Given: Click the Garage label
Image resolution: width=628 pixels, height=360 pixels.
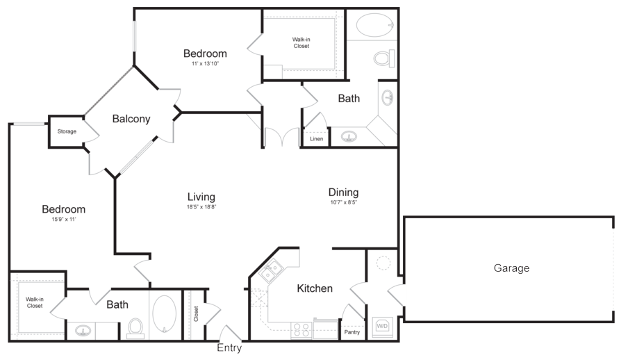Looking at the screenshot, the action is pyautogui.click(x=511, y=268).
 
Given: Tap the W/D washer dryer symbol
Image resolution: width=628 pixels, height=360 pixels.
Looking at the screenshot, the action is pyautogui.click(x=382, y=326).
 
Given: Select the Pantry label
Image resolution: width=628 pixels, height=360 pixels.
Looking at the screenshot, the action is pyautogui.click(x=352, y=332).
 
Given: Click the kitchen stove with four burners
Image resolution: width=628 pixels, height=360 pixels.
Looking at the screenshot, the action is pyautogui.click(x=301, y=330).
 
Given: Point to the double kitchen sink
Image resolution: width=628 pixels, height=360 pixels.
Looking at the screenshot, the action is pyautogui.click(x=271, y=272).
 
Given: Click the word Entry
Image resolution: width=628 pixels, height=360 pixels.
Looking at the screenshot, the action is pyautogui.click(x=229, y=347).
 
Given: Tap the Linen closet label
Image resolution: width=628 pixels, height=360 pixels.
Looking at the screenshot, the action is pyautogui.click(x=316, y=139).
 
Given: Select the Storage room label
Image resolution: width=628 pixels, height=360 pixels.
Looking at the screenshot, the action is pyautogui.click(x=67, y=131).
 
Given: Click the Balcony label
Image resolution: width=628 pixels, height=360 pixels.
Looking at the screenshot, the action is pyautogui.click(x=131, y=119).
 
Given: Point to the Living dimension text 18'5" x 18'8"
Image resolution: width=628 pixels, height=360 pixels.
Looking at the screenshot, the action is pyautogui.click(x=201, y=207).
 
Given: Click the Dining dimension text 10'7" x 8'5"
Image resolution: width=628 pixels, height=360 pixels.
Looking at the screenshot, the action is pyautogui.click(x=344, y=202).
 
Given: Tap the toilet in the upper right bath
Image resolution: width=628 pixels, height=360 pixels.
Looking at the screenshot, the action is pyautogui.click(x=384, y=58).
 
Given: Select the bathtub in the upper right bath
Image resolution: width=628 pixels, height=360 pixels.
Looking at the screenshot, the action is pyautogui.click(x=376, y=25).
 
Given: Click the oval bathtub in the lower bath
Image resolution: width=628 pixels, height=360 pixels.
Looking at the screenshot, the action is pyautogui.click(x=164, y=314).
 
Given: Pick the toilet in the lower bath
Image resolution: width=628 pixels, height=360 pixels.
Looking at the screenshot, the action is pyautogui.click(x=135, y=327).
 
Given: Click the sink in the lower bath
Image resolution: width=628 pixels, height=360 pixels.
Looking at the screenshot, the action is pyautogui.click(x=83, y=331).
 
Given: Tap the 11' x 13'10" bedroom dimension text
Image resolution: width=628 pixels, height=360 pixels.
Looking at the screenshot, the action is pyautogui.click(x=205, y=64).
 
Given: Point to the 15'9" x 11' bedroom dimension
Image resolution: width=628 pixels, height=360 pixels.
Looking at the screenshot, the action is pyautogui.click(x=64, y=220).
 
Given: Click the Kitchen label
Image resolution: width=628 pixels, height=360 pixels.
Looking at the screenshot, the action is pyautogui.click(x=315, y=288).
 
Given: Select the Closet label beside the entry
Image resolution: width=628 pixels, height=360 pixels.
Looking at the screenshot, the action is pyautogui.click(x=196, y=314).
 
